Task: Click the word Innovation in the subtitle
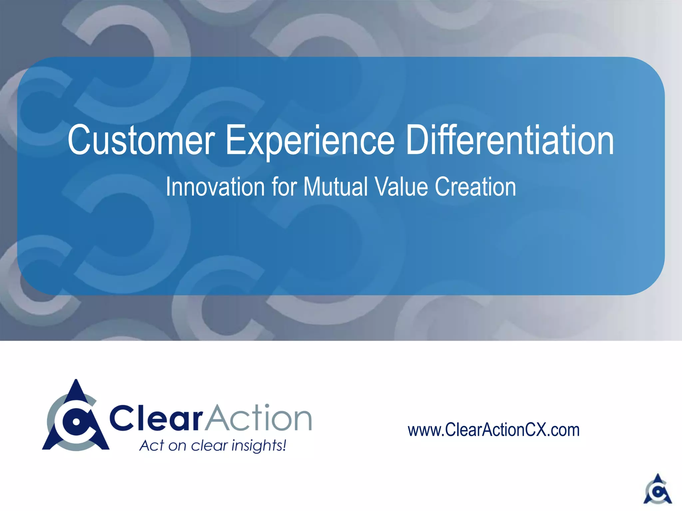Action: (214, 187)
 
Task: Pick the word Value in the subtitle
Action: (401, 187)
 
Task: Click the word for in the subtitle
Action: (284, 187)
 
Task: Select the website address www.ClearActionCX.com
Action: (494, 430)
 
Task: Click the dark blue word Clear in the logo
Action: (156, 418)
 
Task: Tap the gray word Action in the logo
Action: (258, 418)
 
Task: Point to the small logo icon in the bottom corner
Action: (657, 489)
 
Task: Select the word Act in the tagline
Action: (152, 445)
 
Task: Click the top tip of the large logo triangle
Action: (76, 381)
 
